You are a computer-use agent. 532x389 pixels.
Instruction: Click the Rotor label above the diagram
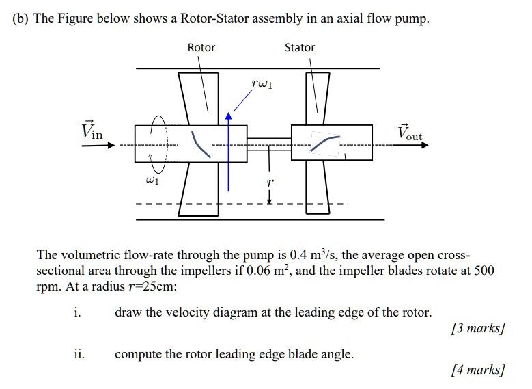[201, 47]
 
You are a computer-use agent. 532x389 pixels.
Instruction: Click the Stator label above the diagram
[300, 47]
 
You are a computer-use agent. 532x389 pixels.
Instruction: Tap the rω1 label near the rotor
[262, 85]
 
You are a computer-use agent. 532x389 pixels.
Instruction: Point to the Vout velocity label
[409, 133]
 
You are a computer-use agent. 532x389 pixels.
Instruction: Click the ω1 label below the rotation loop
[153, 180]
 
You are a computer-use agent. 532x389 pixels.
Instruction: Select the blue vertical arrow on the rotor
[229, 164]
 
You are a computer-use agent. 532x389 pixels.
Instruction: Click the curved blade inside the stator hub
[325, 142]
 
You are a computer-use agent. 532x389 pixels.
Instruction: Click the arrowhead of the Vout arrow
[424, 145]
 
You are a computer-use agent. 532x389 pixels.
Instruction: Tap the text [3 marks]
[477, 328]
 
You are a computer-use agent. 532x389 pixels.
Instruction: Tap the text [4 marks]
[477, 371]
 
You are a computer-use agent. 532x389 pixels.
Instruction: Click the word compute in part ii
[137, 354]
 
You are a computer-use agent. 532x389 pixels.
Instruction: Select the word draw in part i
[128, 312]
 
